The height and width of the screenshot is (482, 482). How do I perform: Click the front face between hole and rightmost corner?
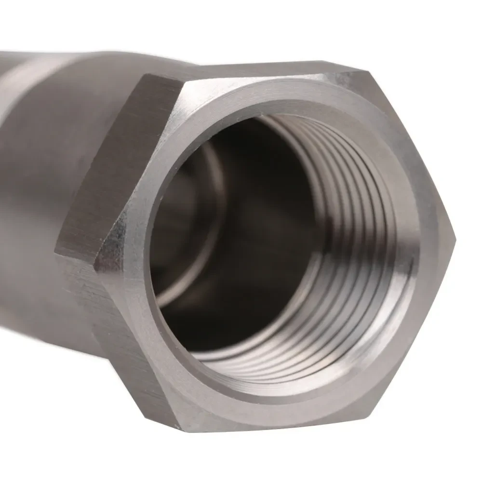429,236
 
